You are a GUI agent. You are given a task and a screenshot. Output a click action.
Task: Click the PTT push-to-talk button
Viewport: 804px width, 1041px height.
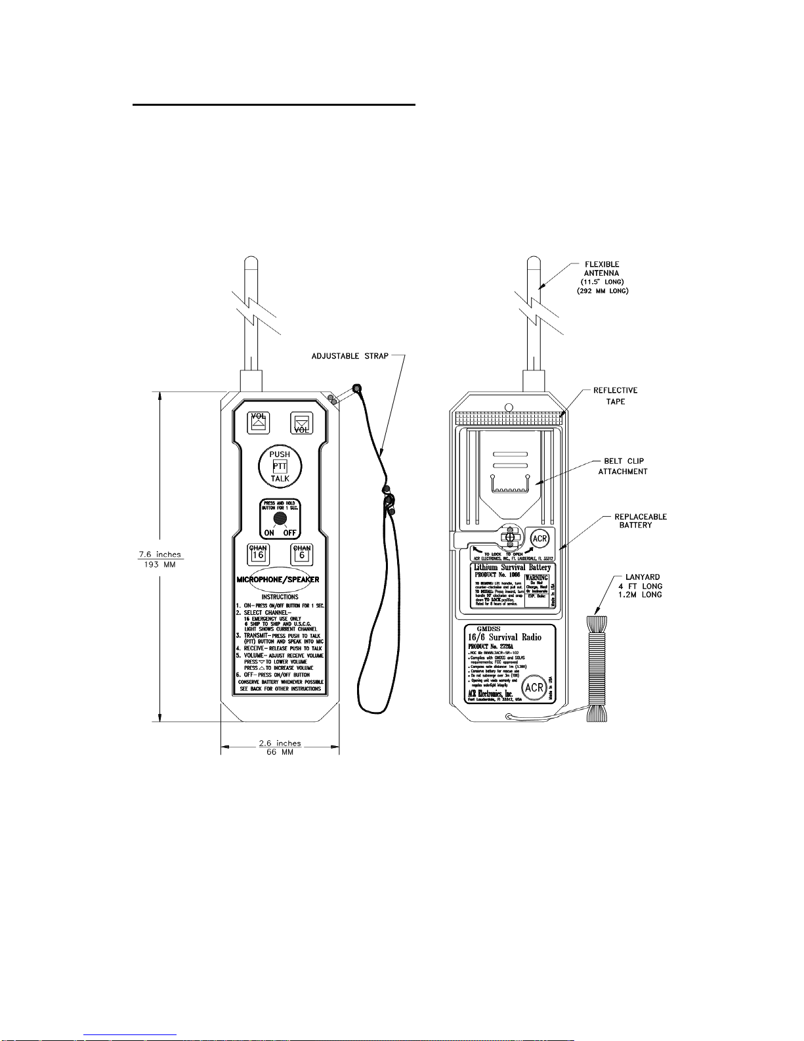280,466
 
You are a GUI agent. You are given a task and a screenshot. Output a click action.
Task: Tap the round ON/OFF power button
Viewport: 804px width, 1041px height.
280,518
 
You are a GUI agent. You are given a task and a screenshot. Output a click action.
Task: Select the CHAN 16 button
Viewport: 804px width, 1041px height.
259,554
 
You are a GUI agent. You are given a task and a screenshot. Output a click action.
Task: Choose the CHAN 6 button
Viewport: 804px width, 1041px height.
302,554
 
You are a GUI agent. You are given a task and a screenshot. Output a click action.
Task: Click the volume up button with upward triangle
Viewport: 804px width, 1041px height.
259,422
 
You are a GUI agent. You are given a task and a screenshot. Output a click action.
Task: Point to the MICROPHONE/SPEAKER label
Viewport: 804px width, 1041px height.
278,580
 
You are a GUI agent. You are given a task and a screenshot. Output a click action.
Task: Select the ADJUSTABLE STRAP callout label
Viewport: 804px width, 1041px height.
350,356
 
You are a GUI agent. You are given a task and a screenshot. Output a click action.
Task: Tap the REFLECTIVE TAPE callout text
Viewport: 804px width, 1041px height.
615,395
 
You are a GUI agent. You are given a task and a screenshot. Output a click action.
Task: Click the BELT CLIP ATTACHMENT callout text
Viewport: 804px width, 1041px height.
623,466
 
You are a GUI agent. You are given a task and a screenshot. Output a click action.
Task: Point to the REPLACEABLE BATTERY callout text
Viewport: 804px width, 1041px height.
640,521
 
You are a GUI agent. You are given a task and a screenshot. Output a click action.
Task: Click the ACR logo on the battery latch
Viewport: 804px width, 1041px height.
540,539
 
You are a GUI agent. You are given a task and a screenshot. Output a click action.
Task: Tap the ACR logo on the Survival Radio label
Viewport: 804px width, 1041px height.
534,688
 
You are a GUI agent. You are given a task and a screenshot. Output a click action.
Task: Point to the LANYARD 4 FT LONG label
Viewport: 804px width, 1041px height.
643,586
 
